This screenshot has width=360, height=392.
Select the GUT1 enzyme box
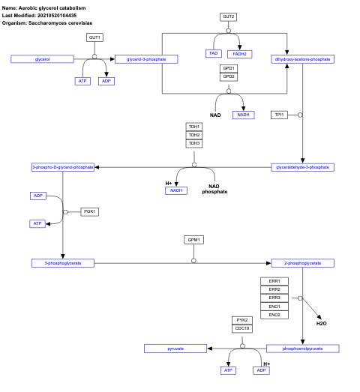(94, 37)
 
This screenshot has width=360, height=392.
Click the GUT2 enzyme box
(229, 16)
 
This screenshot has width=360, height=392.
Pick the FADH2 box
(241, 54)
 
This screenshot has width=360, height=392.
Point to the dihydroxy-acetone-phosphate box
(303, 58)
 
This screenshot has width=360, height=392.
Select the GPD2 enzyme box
(229, 76)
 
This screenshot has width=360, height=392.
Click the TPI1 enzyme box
(279, 115)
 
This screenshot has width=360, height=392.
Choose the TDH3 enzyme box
(194, 143)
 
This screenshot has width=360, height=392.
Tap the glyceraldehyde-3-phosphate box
(303, 167)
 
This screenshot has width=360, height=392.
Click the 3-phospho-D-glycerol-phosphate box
(63, 167)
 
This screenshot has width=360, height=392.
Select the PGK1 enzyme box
(90, 212)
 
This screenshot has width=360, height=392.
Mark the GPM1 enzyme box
(194, 240)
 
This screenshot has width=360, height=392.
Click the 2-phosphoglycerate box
(302, 263)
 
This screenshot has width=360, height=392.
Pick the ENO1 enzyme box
(274, 307)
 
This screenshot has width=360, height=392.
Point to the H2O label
(321, 322)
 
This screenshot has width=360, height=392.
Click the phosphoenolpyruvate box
(303, 349)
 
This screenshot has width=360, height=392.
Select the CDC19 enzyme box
(241, 328)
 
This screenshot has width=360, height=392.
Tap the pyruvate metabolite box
(175, 349)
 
